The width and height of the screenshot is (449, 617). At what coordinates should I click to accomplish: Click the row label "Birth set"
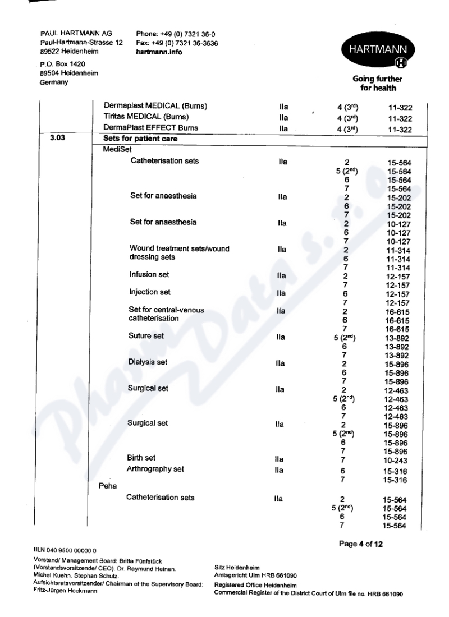point(143,458)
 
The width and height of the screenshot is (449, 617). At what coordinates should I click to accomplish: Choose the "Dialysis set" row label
point(148,362)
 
